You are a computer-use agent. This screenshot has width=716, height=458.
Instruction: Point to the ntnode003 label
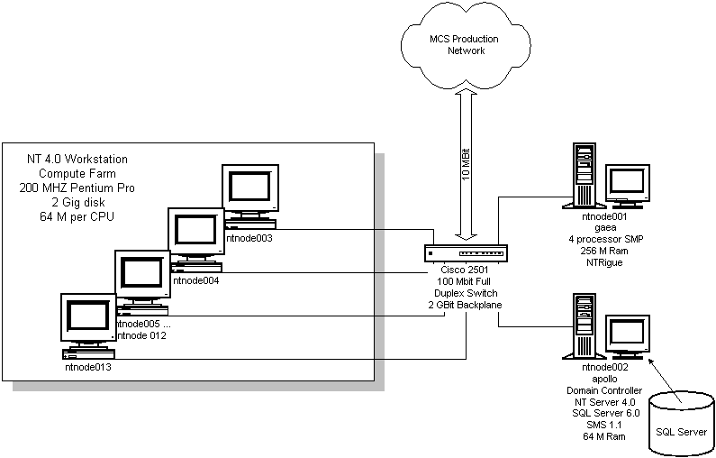pos(249,239)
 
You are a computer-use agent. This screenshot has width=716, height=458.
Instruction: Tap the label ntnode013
pos(88,367)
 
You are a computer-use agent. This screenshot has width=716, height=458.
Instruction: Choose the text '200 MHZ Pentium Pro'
pos(77,188)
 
